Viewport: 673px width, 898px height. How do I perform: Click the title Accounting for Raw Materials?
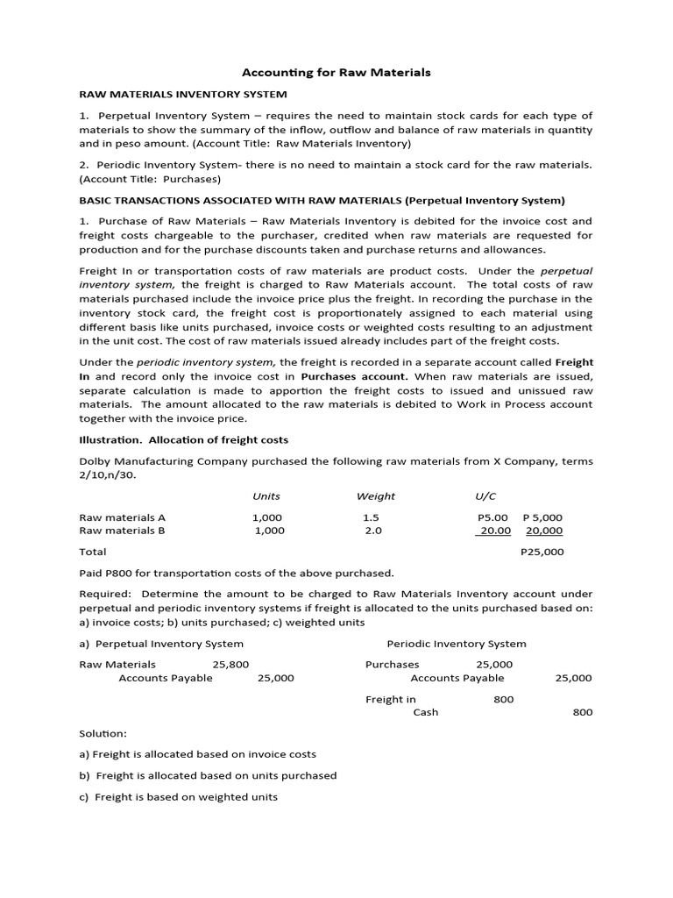coord(336,72)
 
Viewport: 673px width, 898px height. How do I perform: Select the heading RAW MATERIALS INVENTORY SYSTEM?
coord(183,94)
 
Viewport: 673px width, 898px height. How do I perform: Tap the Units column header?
coord(266,495)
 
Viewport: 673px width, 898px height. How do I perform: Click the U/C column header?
coord(484,495)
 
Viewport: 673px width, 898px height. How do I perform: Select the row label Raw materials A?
coord(122,517)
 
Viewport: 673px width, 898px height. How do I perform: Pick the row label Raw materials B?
coord(122,531)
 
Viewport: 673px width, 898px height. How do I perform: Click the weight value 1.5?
coord(370,517)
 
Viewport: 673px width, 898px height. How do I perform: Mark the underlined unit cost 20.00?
coord(493,531)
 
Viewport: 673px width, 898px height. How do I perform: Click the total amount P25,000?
coord(542,552)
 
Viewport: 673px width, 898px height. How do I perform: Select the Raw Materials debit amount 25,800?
coord(230,665)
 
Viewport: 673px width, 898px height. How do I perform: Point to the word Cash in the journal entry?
coord(426,712)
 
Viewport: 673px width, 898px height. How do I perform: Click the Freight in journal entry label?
coord(391,699)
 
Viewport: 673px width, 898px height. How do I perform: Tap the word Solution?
coord(103,732)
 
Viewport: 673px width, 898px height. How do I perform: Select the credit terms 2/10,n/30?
coord(109,474)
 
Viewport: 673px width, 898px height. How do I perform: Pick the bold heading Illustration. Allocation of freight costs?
coord(183,439)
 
